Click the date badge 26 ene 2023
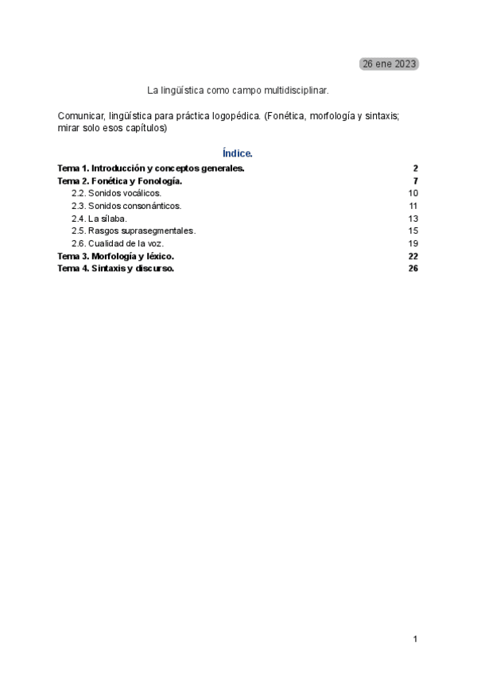[389, 64]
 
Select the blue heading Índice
[238, 153]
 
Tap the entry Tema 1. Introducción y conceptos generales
[151, 168]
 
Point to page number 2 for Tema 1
[415, 168]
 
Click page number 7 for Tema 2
[415, 181]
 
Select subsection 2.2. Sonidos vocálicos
[116, 193]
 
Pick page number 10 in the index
[413, 193]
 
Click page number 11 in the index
[413, 206]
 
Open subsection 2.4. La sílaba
[99, 219]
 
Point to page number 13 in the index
[413, 219]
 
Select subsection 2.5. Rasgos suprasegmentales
[134, 230]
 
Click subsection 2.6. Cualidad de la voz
[118, 243]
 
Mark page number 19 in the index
[413, 243]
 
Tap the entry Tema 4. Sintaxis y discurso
[116, 269]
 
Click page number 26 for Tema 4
[413, 269]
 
